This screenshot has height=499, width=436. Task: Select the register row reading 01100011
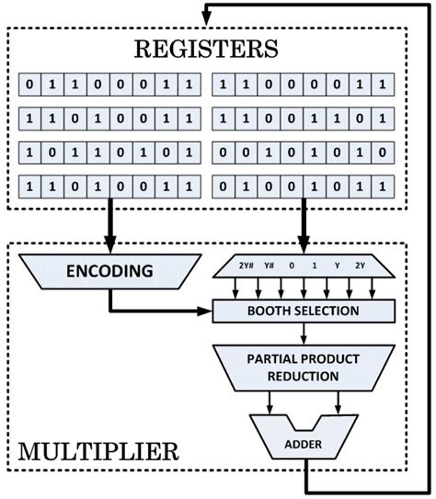tap(109, 86)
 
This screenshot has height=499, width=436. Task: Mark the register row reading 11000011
tap(301, 86)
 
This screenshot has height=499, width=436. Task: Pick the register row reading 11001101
tap(301, 119)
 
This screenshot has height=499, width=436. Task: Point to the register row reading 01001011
tap(301, 186)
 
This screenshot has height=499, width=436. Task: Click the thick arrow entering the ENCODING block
tap(109, 230)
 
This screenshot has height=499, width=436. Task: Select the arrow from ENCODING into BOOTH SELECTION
tap(166, 311)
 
